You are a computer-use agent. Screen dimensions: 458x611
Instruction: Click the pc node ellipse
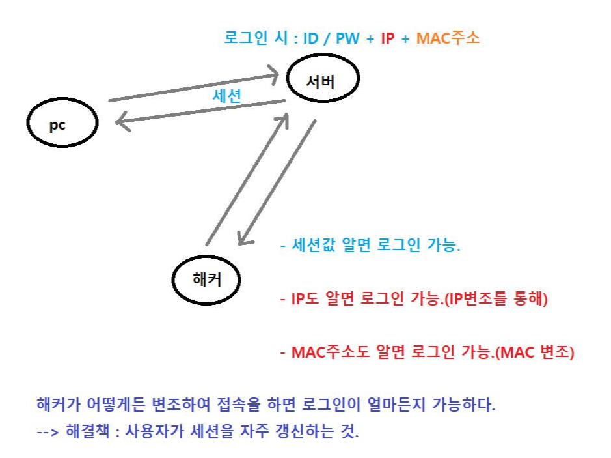point(62,122)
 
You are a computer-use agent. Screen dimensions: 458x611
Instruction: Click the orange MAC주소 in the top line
point(448,38)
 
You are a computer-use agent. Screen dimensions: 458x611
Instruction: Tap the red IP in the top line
point(387,38)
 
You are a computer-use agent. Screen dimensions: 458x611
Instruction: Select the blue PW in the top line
point(348,38)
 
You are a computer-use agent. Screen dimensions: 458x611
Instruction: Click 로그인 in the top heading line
point(248,38)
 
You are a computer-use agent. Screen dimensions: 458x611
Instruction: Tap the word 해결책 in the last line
point(86,432)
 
